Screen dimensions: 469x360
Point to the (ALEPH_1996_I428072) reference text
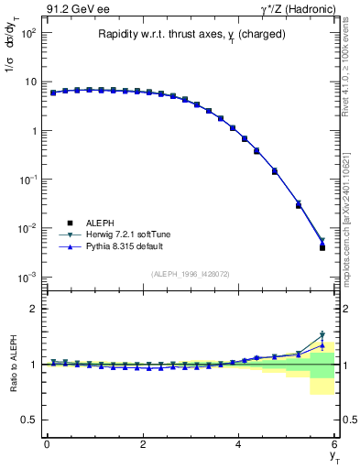191,273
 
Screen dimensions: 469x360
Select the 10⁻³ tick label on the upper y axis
27,277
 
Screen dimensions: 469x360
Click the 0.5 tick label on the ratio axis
27,420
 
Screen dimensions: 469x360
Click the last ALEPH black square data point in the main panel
322,247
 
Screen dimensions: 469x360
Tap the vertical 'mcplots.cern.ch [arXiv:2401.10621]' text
350,211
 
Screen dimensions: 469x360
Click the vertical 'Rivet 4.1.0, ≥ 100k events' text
350,64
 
